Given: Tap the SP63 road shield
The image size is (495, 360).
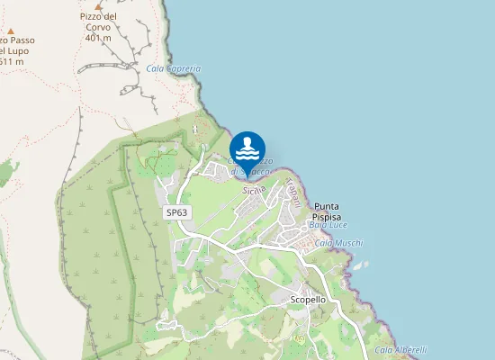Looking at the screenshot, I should click(177, 212).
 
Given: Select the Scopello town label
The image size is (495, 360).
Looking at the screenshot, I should click(308, 299).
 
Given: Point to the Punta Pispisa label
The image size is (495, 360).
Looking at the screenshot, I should click(327, 211).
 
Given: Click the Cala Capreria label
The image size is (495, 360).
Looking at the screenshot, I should click(173, 68).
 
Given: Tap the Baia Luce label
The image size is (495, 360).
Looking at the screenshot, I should click(328, 225).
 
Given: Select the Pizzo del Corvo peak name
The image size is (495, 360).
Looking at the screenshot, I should click(99, 22).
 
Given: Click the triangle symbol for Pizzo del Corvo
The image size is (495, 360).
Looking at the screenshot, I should click(97, 5).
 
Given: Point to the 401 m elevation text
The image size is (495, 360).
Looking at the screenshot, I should click(98, 38).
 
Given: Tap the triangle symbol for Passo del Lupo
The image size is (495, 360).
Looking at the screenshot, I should click(11, 31).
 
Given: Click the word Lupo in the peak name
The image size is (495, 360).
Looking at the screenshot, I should click(17, 50).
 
